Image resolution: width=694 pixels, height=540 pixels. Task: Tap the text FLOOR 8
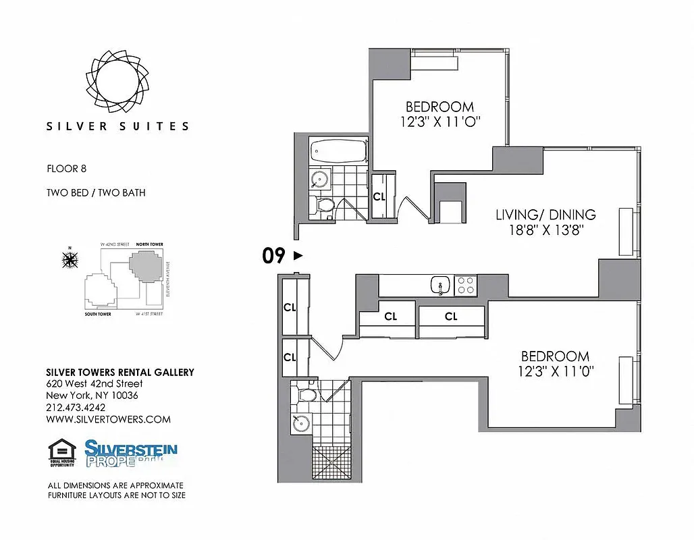coord(66,169)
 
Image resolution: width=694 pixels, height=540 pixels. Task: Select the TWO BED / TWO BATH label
coord(96,193)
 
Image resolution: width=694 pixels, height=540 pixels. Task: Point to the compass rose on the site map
coord(70,259)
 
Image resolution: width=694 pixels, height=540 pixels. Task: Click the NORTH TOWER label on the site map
coord(149,244)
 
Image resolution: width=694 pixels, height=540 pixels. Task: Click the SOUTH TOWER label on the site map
coord(98,314)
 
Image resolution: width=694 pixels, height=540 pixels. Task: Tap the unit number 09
coord(273,256)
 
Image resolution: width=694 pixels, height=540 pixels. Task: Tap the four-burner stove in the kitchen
coord(465,286)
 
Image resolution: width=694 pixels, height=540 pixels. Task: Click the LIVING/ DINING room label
coord(545,215)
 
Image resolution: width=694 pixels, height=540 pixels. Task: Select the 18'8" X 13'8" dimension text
coord(546,230)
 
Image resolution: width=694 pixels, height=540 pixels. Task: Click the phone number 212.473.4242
coord(76,408)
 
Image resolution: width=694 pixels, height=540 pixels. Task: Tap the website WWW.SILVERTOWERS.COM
coord(108,419)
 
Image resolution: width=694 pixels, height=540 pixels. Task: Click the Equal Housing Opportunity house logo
coord(62,453)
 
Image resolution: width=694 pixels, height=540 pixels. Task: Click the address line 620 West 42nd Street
coord(94,383)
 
